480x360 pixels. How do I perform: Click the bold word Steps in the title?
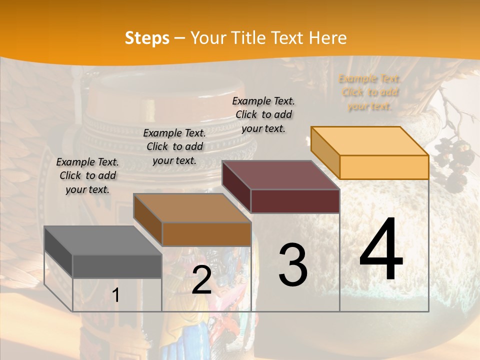pyautogui.click(x=147, y=38)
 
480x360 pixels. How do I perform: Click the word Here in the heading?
pyautogui.click(x=328, y=38)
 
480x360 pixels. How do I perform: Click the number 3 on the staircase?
pyautogui.click(x=292, y=264)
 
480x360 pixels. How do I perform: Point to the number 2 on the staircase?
pyautogui.click(x=201, y=280)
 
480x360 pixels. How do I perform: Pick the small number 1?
pyautogui.click(x=115, y=295)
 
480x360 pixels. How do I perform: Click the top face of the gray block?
pyautogui.click(x=103, y=240)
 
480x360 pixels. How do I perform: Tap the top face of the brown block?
pyautogui.click(x=192, y=208)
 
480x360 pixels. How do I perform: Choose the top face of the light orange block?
pyautogui.click(x=370, y=141)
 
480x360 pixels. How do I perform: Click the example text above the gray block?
pyautogui.click(x=87, y=175)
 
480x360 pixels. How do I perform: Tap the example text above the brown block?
pyautogui.click(x=174, y=146)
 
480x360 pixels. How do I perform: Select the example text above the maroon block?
pyautogui.click(x=263, y=114)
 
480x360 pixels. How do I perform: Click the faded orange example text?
pyautogui.click(x=369, y=92)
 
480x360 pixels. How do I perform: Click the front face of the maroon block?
pyautogui.click(x=295, y=201)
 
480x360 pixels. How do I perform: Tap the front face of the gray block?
pyautogui.click(x=117, y=266)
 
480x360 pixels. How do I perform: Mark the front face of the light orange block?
pyautogui.click(x=384, y=167)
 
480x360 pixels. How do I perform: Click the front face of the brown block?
pyautogui.click(x=206, y=234)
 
